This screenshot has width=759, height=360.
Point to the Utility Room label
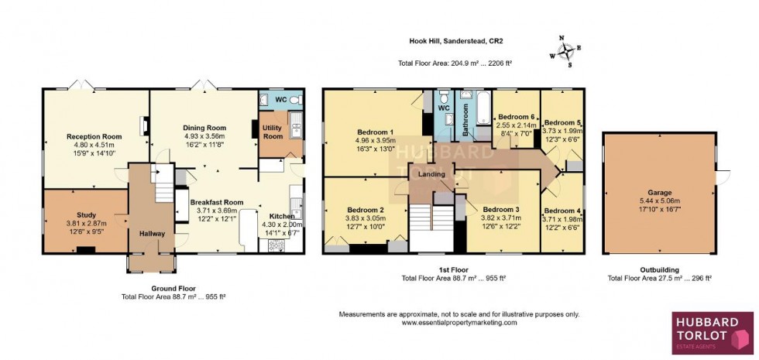click(273, 131)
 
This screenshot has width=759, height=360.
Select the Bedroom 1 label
click(376, 132)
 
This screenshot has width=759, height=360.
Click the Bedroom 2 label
click(366, 210)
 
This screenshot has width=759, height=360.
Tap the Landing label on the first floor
click(432, 174)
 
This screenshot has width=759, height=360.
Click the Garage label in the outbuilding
click(659, 192)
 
